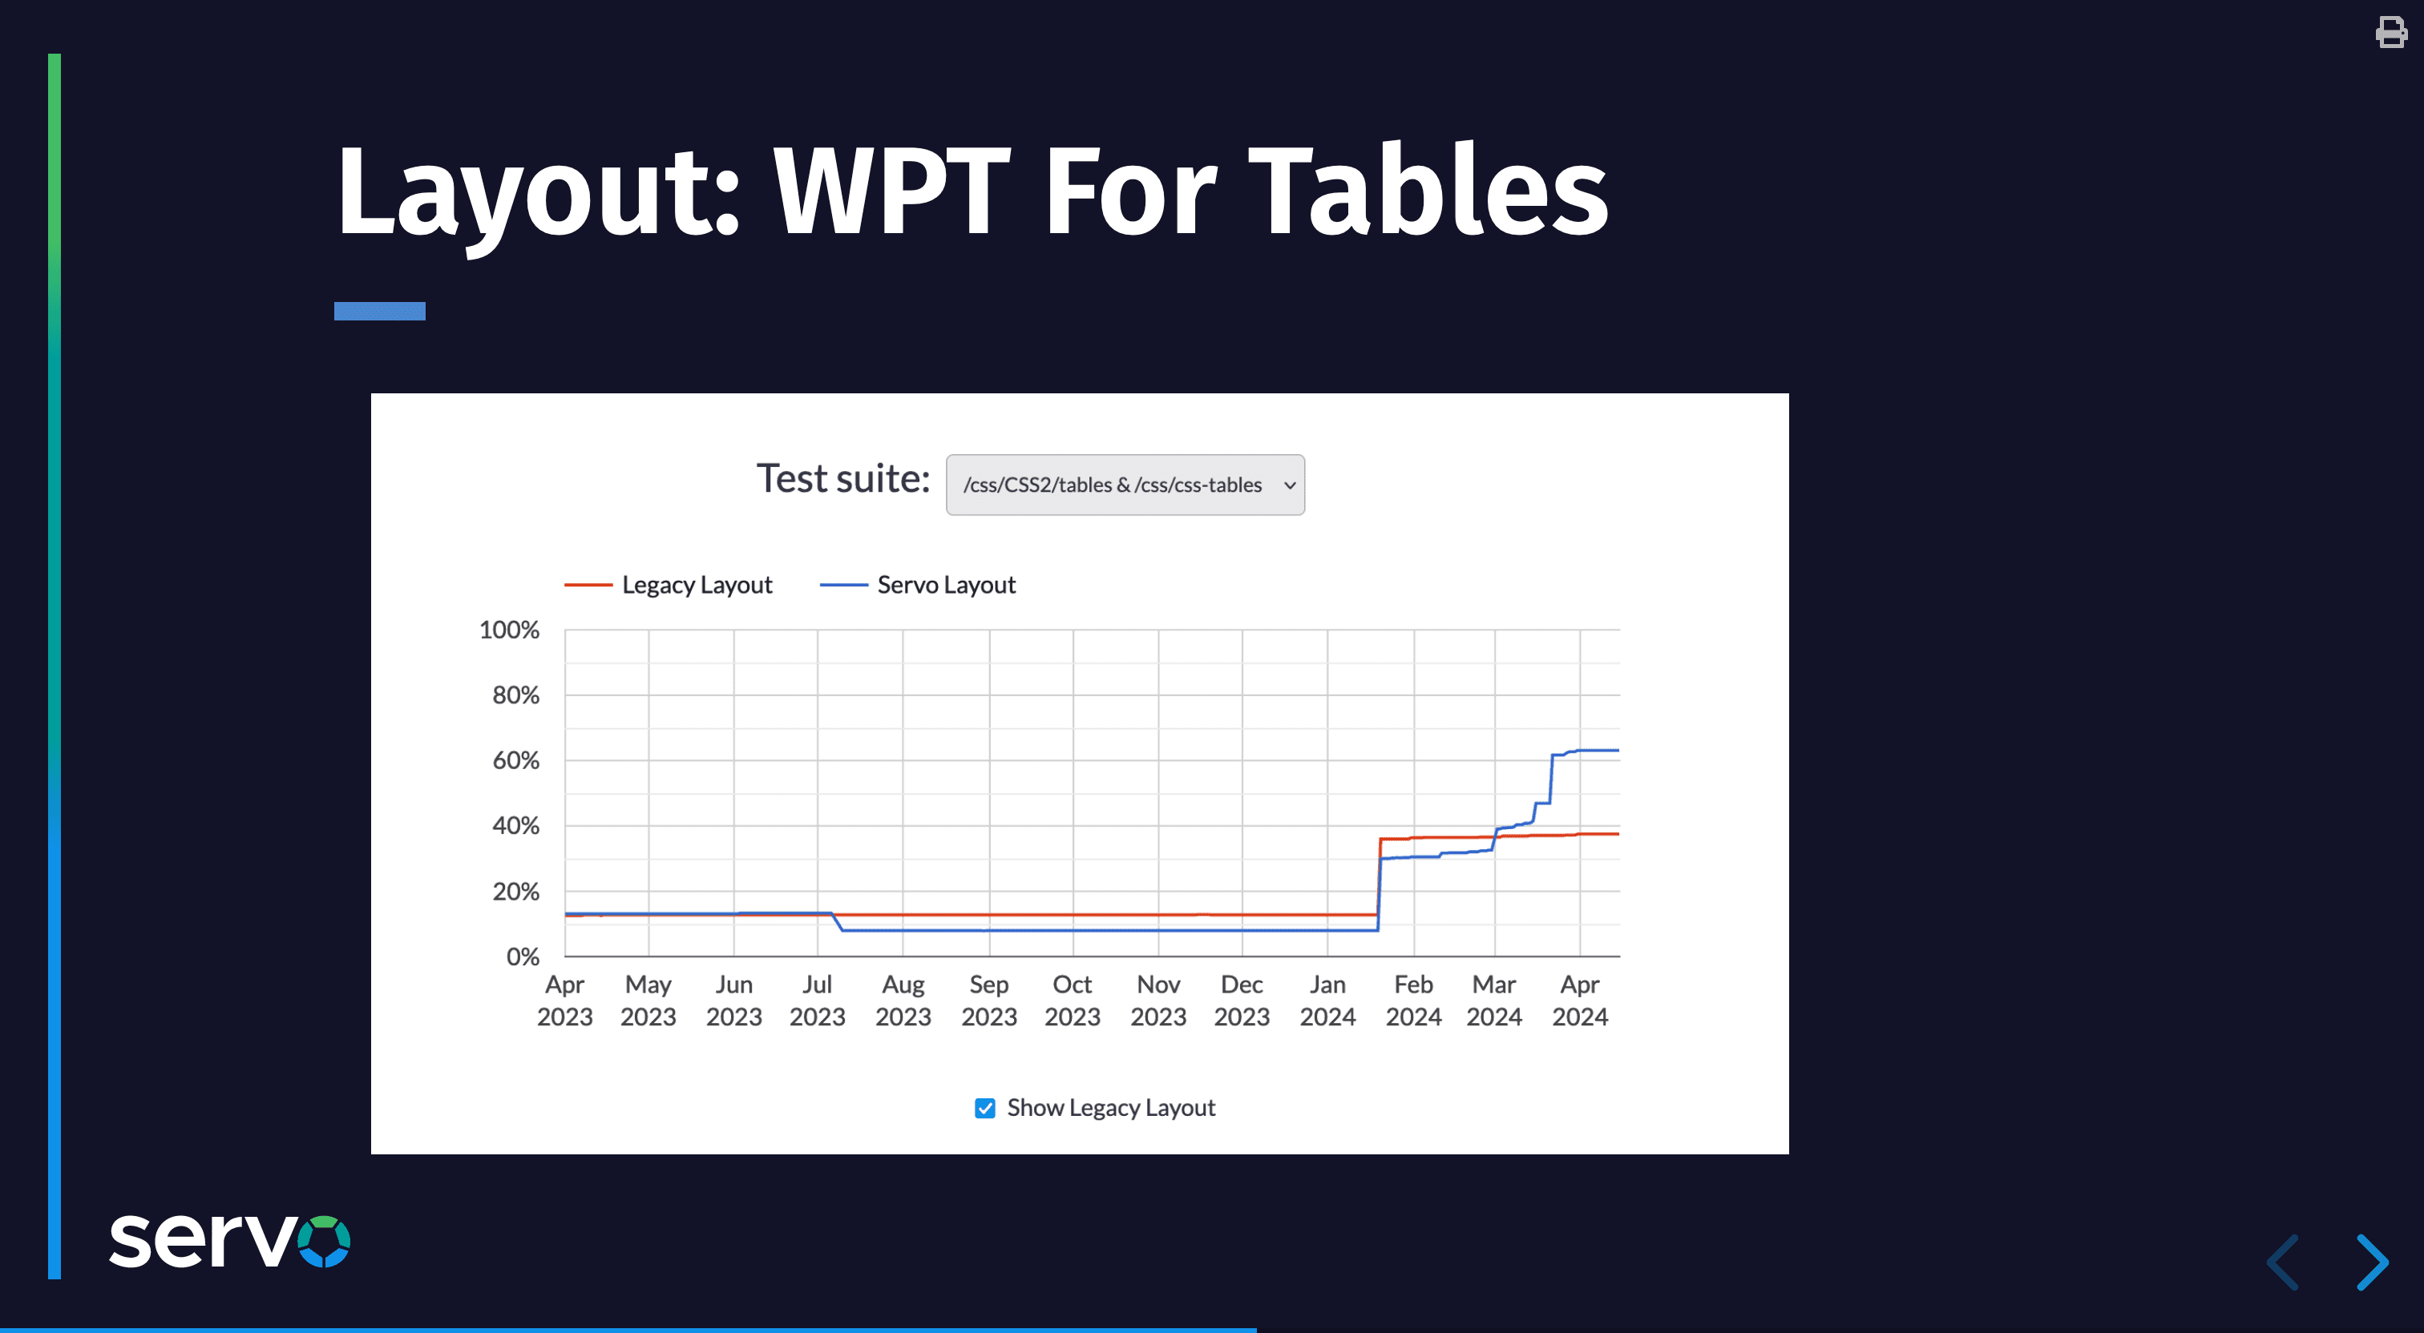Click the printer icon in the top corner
click(2391, 32)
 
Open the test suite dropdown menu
click(1125, 485)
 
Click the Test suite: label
click(843, 479)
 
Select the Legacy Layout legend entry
click(668, 585)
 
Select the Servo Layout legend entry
click(918, 585)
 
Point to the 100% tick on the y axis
click(509, 630)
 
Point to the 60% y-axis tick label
click(515, 760)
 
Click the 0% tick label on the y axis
click(523, 956)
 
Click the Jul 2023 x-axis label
click(817, 1000)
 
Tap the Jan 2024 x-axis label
click(1327, 1000)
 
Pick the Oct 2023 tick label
click(1073, 1000)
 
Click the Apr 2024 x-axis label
click(1580, 1000)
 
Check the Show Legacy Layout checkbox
click(984, 1108)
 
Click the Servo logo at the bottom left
click(229, 1241)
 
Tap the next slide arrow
click(2371, 1263)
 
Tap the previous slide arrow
click(2284, 1263)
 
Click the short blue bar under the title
click(379, 312)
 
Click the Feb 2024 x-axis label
click(1413, 1000)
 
